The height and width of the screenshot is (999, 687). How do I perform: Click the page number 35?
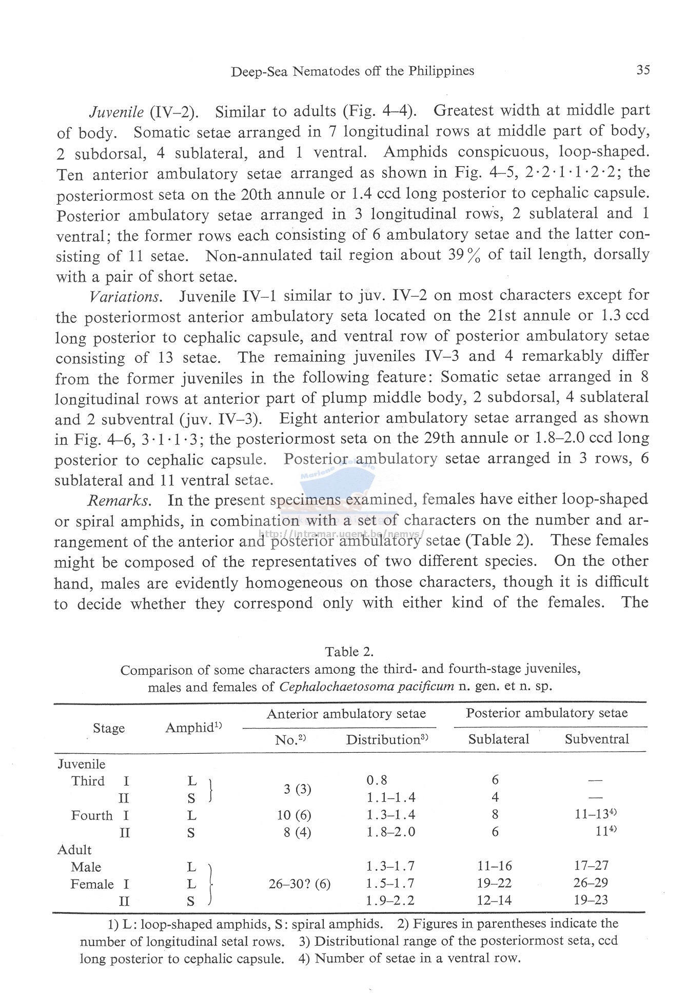point(643,70)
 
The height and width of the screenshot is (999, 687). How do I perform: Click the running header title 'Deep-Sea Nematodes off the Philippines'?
point(352,71)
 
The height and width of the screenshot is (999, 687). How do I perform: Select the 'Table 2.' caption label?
point(349,652)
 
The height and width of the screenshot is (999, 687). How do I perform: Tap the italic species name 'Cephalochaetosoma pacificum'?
point(367,687)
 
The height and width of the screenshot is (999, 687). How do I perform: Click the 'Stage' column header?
point(109,728)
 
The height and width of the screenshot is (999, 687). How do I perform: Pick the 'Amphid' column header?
point(193,728)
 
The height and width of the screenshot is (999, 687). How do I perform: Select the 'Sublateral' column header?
point(499,739)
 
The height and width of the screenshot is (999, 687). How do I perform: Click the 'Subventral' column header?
point(597,739)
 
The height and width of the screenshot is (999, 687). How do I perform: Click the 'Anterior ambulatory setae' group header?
point(346,714)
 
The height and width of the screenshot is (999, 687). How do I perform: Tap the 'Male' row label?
point(86,867)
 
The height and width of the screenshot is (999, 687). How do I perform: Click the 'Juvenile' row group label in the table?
point(81,764)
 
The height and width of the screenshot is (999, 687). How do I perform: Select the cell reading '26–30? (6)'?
point(300,884)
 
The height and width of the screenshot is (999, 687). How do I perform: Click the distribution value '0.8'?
point(377,780)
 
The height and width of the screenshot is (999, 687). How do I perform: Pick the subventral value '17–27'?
point(591,866)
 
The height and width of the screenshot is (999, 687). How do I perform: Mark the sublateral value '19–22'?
point(495,883)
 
